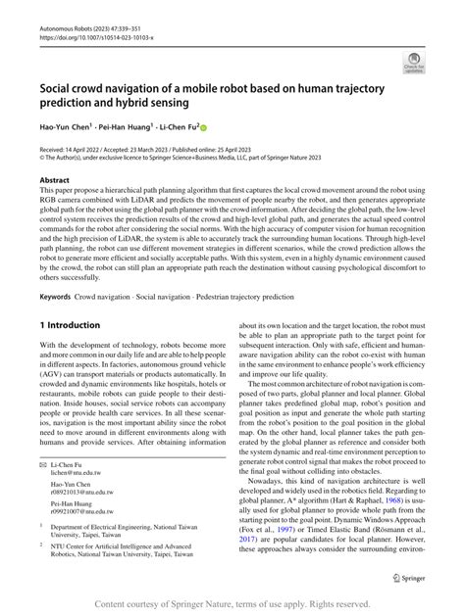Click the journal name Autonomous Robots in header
tap(65, 7)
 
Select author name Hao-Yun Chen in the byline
tap(65, 126)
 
